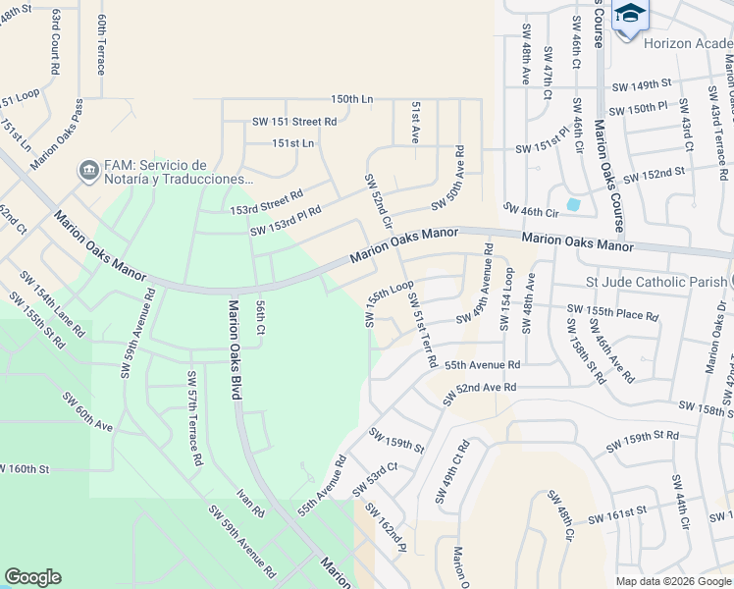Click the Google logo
(x=32, y=577)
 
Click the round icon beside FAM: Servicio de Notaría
(x=88, y=171)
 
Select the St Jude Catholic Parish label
(x=656, y=283)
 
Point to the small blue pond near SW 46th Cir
(x=573, y=205)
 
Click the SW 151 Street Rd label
(x=294, y=122)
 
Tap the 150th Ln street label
(x=352, y=99)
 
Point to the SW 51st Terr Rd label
(x=422, y=330)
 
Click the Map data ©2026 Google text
(x=672, y=581)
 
